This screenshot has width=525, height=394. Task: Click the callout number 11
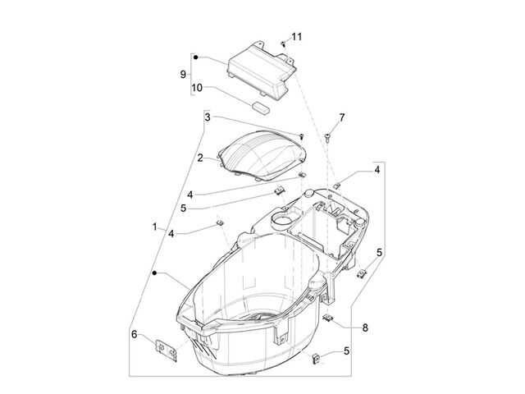coord(296,36)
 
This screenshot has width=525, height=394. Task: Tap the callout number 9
coord(183,74)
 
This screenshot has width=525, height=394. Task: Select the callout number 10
coord(197,88)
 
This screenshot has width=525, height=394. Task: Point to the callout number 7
coord(341,117)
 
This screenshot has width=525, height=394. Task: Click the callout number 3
coord(208,117)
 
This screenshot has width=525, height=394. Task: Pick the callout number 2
coord(200,158)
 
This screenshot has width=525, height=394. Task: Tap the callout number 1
coord(155,227)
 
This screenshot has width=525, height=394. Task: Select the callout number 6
coord(135,334)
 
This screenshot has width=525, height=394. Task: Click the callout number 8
coord(365,328)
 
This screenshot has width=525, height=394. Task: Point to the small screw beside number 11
coord(283,44)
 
